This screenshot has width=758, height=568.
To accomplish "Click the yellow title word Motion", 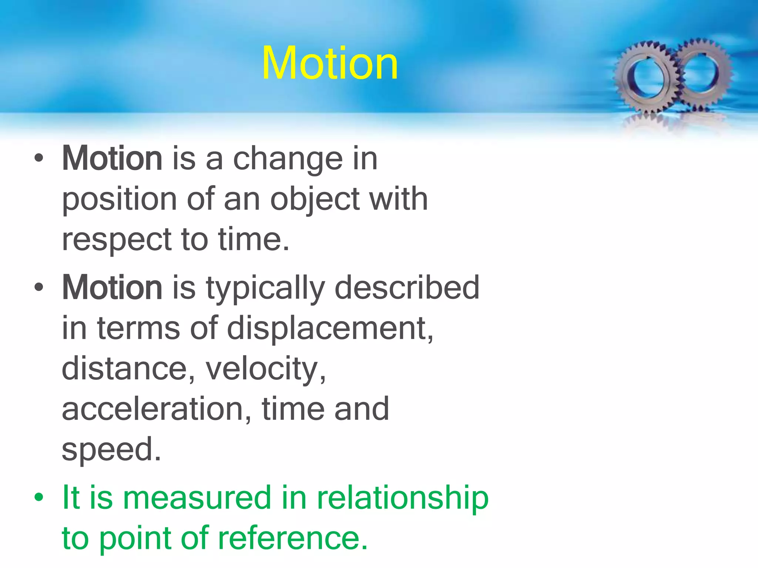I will pos(330,64).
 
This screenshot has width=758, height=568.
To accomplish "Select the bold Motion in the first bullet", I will pos(112,159).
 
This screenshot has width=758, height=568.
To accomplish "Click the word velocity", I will pos(265,369).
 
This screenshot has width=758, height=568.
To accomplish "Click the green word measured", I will pos(197,498).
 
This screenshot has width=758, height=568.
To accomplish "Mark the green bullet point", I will pos(39,498).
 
